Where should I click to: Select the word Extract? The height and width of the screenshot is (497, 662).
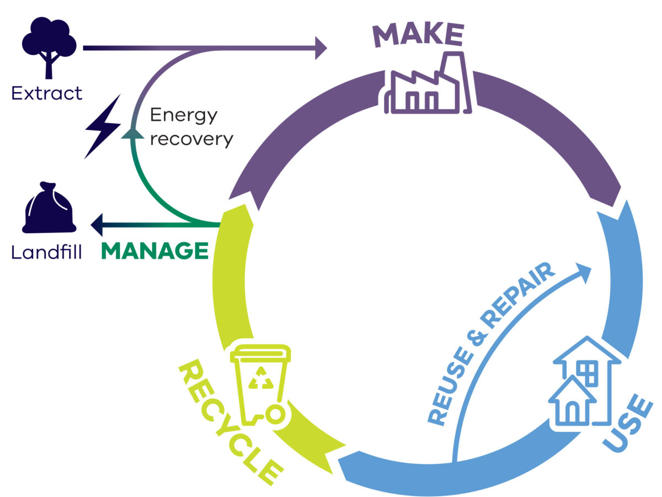pyautogui.click(x=47, y=92)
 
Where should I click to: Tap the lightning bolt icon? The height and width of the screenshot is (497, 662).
pyautogui.click(x=103, y=126)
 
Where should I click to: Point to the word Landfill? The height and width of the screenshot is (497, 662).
pyautogui.click(x=47, y=252)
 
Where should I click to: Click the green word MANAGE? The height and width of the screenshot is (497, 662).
pyautogui.click(x=154, y=251)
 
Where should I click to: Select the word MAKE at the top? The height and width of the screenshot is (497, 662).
pyautogui.click(x=418, y=35)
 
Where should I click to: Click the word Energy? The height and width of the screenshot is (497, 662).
pyautogui.click(x=184, y=115)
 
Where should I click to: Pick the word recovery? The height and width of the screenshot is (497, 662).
pyautogui.click(x=191, y=139)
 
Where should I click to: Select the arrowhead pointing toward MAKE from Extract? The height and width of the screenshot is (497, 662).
pyautogui.click(x=321, y=48)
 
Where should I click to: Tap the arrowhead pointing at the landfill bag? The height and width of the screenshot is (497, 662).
pyautogui.click(x=97, y=224)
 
